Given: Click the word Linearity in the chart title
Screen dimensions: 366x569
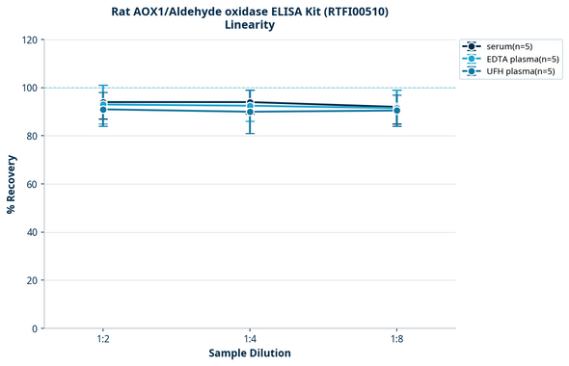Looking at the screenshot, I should point(249,25).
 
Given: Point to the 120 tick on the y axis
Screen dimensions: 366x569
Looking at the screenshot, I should point(30,39).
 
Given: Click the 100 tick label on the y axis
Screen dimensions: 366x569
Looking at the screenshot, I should point(30,88).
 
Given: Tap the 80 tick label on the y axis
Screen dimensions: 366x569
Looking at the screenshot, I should point(33,136).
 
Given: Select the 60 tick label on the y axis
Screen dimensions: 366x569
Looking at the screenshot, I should point(33,184).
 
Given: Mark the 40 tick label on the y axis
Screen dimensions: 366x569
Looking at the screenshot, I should point(33,232).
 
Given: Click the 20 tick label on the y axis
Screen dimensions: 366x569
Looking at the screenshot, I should point(33,280).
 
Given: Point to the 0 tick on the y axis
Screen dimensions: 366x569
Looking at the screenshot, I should point(36,328).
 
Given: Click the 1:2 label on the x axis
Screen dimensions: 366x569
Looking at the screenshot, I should point(102,340).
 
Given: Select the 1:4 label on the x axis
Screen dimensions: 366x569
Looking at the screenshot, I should point(250,340).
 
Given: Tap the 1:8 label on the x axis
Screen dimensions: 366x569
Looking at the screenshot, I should point(397,340).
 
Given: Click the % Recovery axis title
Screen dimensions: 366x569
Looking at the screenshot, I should point(12,184).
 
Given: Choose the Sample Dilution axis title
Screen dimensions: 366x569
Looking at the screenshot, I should point(250,353).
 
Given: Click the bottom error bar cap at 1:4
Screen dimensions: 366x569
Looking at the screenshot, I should point(250,133).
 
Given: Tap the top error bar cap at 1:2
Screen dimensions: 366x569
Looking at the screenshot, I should point(102,85).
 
